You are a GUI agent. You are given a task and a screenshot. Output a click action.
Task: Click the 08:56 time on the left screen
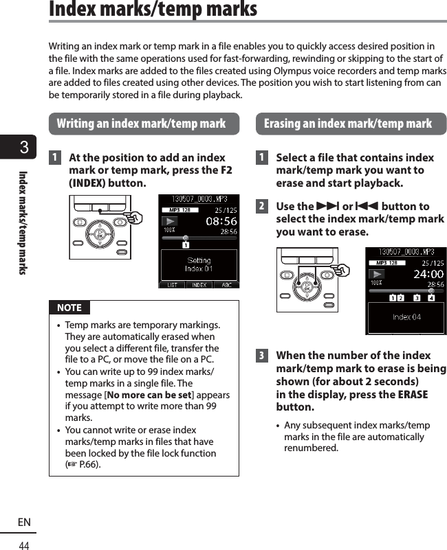coord(221,222)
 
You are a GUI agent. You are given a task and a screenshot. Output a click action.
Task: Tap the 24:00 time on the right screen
coord(428,274)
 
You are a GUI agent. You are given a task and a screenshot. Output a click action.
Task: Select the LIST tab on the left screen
coord(172,284)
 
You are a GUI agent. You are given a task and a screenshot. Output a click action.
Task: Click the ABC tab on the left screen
coord(226,284)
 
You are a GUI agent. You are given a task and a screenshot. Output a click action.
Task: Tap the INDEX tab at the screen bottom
coord(199,284)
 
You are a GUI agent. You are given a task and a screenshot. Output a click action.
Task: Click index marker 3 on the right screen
coord(416,298)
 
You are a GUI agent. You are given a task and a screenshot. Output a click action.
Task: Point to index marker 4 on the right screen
coord(431,298)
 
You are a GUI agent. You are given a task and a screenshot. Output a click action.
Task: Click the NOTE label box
coord(69,308)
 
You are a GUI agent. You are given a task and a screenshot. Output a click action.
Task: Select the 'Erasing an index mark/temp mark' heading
coord(348,124)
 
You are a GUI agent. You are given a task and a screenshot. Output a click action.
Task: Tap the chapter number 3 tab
coord(24,148)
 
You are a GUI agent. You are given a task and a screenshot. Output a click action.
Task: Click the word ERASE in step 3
coord(413,395)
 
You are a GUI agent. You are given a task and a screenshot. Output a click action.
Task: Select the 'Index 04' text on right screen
coord(406,317)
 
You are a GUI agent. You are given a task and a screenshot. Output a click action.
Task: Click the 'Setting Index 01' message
coord(199,264)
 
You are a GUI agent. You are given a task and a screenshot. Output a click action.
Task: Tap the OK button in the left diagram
coord(100,233)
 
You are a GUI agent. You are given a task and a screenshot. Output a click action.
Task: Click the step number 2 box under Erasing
coord(261,206)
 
